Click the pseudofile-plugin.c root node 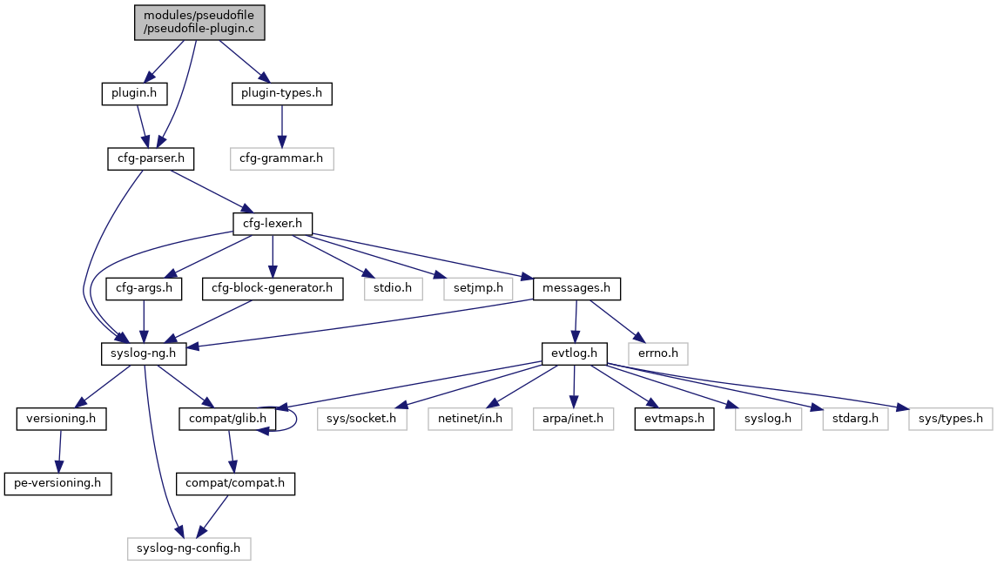[x=199, y=22]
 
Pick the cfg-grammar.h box [x=281, y=158]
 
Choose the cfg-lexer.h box [x=273, y=224]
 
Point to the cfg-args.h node [x=143, y=288]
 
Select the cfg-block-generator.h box [x=273, y=288]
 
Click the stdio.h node [x=394, y=288]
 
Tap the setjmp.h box [x=478, y=288]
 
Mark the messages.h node [x=576, y=288]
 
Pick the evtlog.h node [x=574, y=353]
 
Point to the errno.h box [x=660, y=353]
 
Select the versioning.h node [x=61, y=419]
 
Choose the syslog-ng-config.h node [x=190, y=548]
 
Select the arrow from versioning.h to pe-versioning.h [x=59, y=451]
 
